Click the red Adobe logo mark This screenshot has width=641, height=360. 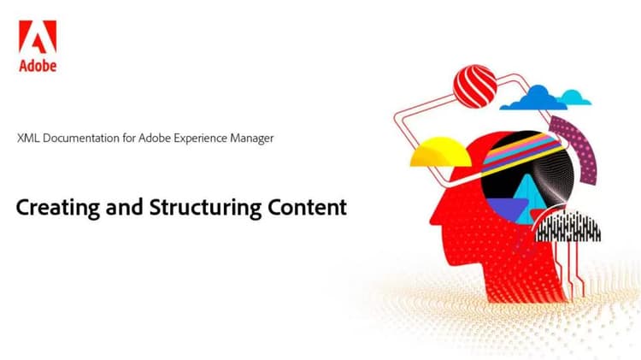point(37,38)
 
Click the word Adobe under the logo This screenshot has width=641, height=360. point(37,65)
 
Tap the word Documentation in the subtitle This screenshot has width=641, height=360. point(81,138)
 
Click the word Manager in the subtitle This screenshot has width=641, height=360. point(251,138)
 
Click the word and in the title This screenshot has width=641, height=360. point(121,207)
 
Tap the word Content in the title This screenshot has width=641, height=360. point(306,207)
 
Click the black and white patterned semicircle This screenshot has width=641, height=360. point(567,226)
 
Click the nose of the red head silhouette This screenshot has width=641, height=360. point(432,210)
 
